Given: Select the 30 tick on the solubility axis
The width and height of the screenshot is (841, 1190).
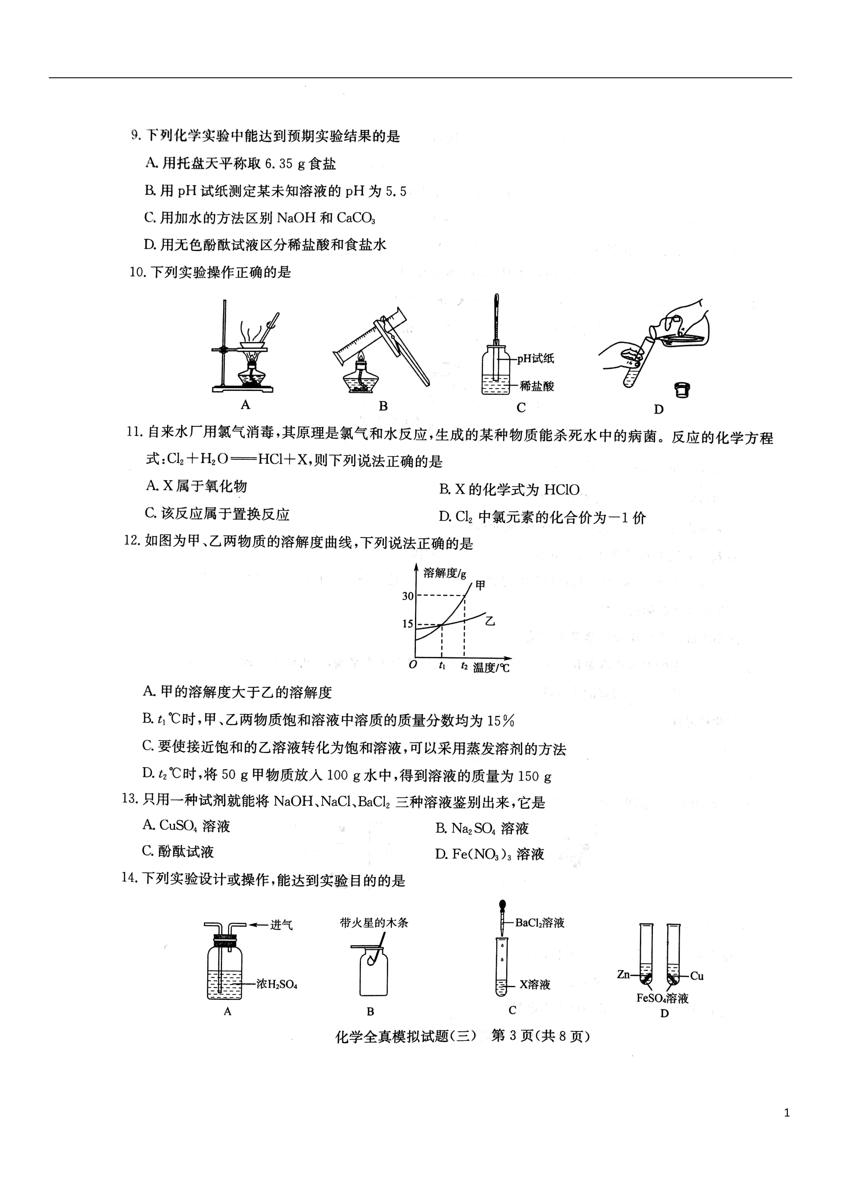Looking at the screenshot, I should (x=408, y=596).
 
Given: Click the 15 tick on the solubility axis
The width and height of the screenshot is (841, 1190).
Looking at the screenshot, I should (x=408, y=624).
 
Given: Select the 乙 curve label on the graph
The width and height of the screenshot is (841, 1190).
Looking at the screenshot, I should (x=490, y=620).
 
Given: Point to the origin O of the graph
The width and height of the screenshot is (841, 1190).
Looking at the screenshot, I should (x=413, y=664).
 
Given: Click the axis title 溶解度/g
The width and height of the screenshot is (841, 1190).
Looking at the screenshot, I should (x=445, y=573).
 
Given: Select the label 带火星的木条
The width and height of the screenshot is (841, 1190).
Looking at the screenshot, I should (x=374, y=923).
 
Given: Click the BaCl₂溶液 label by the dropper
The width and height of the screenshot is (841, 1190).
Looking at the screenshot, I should (x=539, y=923).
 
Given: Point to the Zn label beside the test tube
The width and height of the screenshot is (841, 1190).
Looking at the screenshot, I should (x=623, y=974).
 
